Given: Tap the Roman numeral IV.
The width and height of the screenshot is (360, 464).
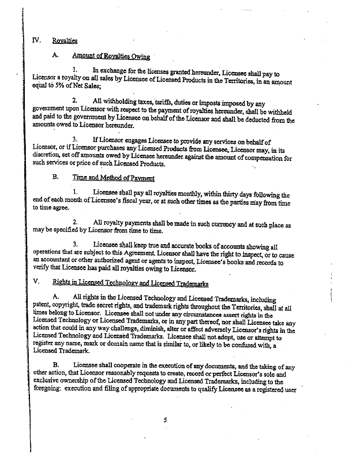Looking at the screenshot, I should click(x=37, y=40).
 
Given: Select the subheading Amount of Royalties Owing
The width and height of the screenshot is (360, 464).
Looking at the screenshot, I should click(x=111, y=56).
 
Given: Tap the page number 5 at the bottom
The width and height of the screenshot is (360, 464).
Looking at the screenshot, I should click(x=165, y=420).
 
